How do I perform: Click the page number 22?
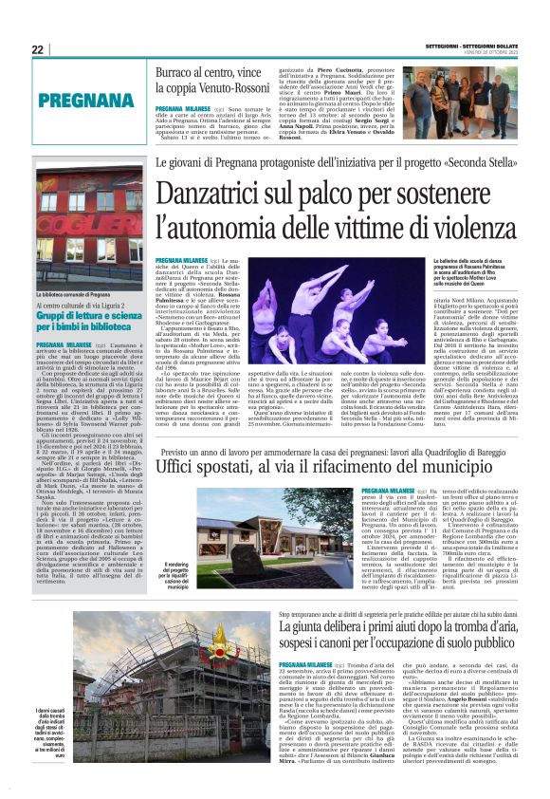click(37, 49)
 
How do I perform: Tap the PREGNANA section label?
click(80, 99)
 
